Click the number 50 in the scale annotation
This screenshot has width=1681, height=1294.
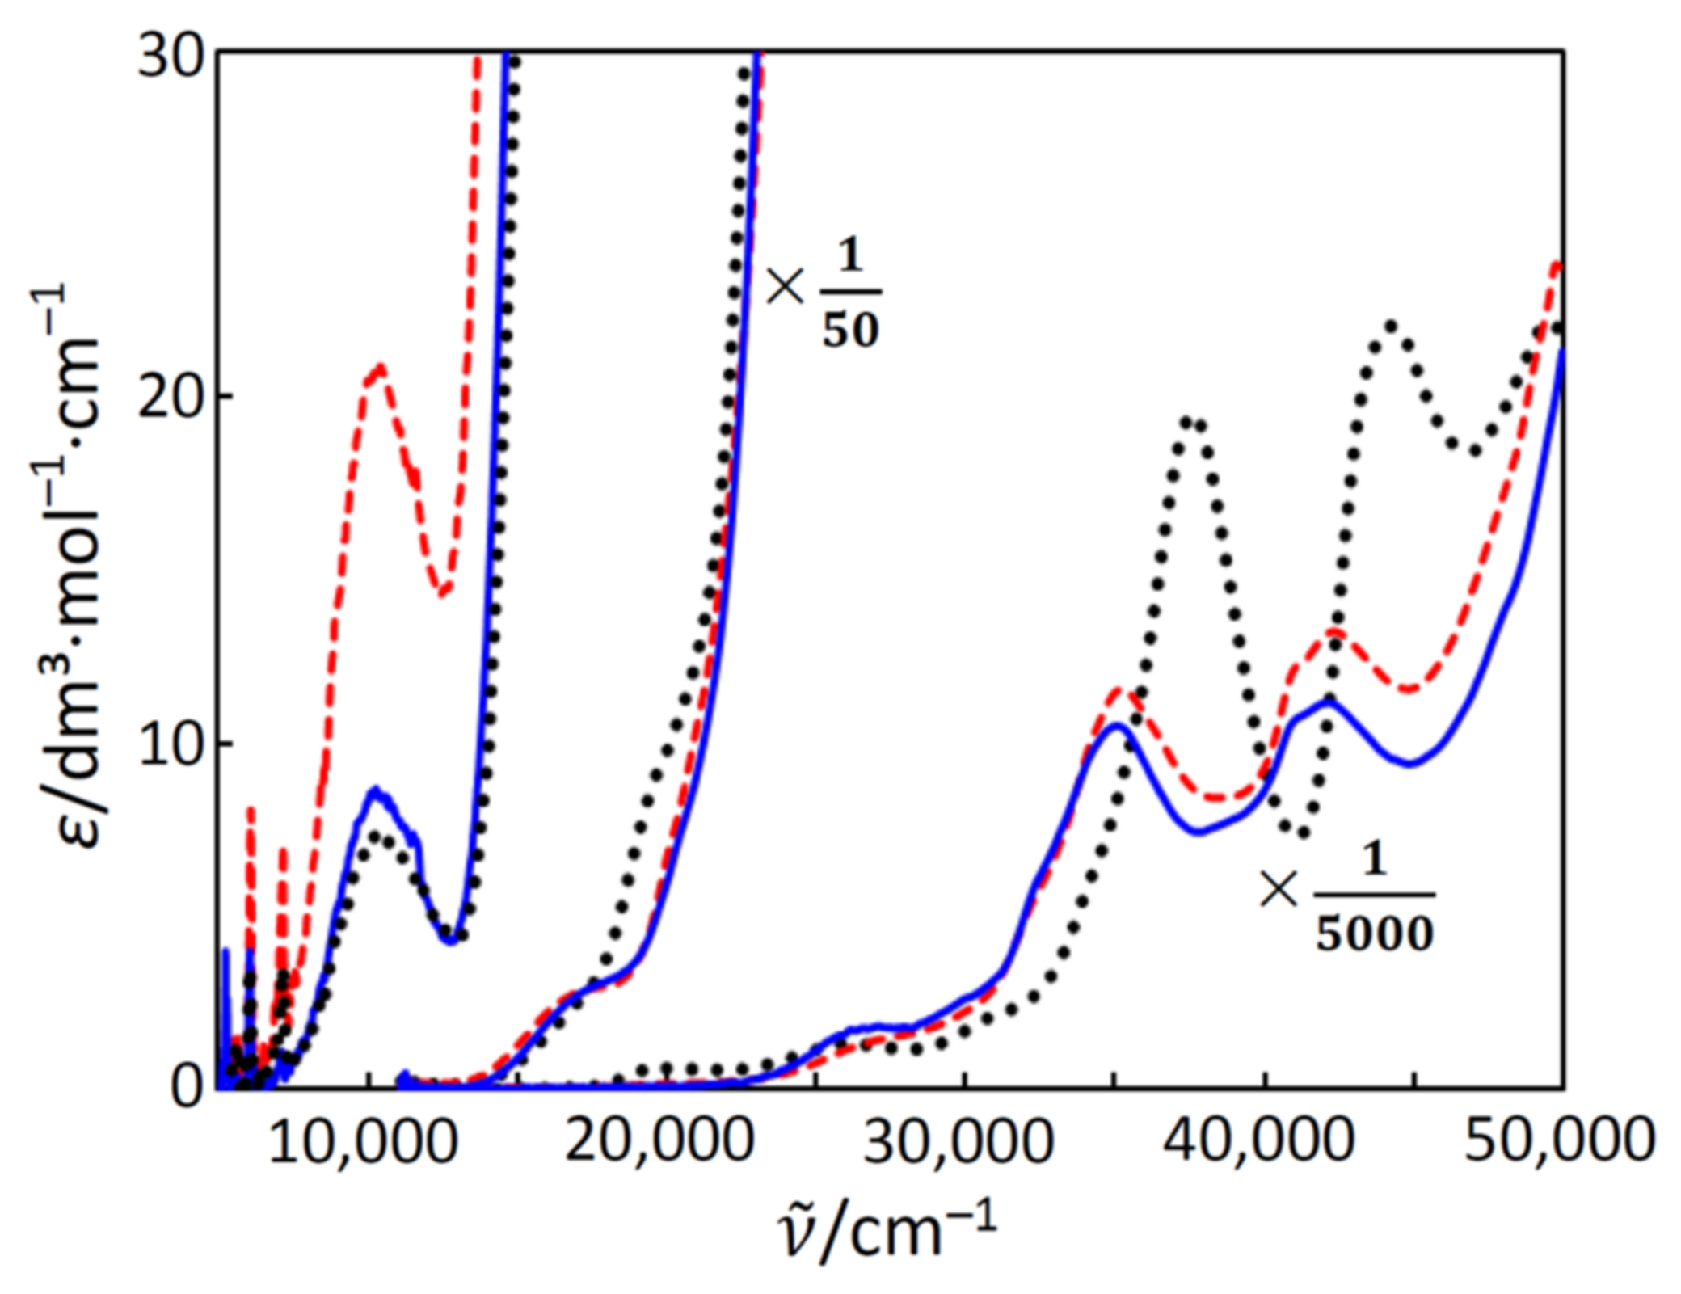850,330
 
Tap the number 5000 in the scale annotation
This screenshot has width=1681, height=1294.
1374,934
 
